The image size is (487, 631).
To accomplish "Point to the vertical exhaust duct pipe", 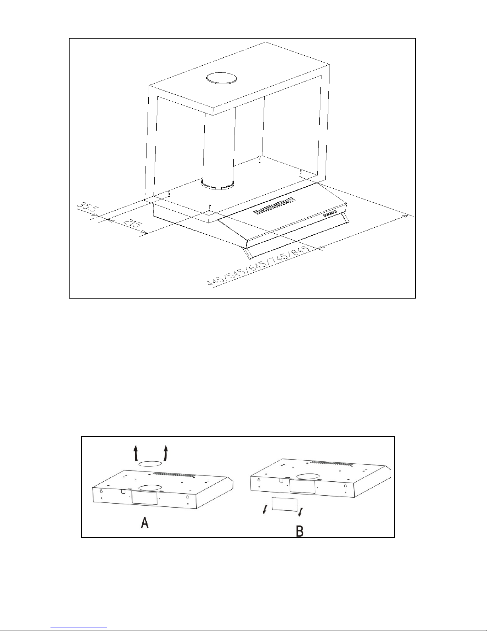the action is [x=217, y=147].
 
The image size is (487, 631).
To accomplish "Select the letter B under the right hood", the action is [x=300, y=531].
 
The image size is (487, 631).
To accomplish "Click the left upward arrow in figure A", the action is [x=136, y=453].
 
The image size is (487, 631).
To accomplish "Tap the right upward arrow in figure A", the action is [x=165, y=453].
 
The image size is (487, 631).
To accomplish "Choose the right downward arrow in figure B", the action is [x=301, y=510].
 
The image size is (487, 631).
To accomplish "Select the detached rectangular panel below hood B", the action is [x=284, y=504].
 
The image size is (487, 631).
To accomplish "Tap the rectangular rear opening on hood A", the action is [x=144, y=498].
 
